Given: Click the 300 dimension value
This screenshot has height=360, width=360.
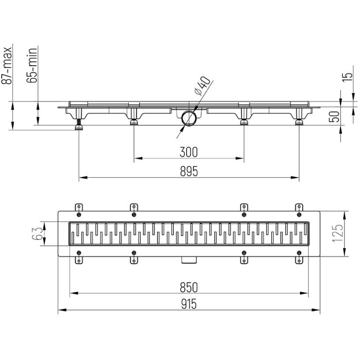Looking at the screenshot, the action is click(188, 152).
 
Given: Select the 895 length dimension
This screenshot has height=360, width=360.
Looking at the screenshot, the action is click(189, 171).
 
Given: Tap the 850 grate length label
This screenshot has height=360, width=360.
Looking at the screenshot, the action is click(189, 287).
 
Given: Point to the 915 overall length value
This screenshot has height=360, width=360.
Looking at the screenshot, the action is click(189, 304).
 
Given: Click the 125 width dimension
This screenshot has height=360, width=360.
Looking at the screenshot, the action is click(337, 233).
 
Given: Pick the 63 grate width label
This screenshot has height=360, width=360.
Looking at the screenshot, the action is click(37, 233).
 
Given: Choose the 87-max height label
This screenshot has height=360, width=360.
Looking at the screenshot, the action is click(7, 66).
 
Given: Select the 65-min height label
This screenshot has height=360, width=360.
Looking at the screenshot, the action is click(32, 65).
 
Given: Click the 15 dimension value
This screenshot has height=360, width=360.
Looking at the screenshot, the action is click(347, 77).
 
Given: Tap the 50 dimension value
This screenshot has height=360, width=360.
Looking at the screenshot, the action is click(334, 116).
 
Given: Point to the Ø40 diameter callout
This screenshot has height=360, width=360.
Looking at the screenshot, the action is click(202, 86).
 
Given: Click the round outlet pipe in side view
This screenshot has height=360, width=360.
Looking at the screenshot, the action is click(189, 118).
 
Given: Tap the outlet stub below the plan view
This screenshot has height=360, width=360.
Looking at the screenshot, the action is click(189, 260).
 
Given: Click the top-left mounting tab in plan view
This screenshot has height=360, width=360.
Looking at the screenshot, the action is click(79, 207).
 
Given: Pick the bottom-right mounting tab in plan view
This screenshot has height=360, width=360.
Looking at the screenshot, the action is click(299, 260).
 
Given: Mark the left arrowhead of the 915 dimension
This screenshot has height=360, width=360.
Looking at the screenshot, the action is click(62, 310).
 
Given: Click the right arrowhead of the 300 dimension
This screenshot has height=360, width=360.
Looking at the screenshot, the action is click(240, 158).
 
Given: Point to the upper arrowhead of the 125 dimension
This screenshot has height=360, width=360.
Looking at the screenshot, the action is click(344, 215).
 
